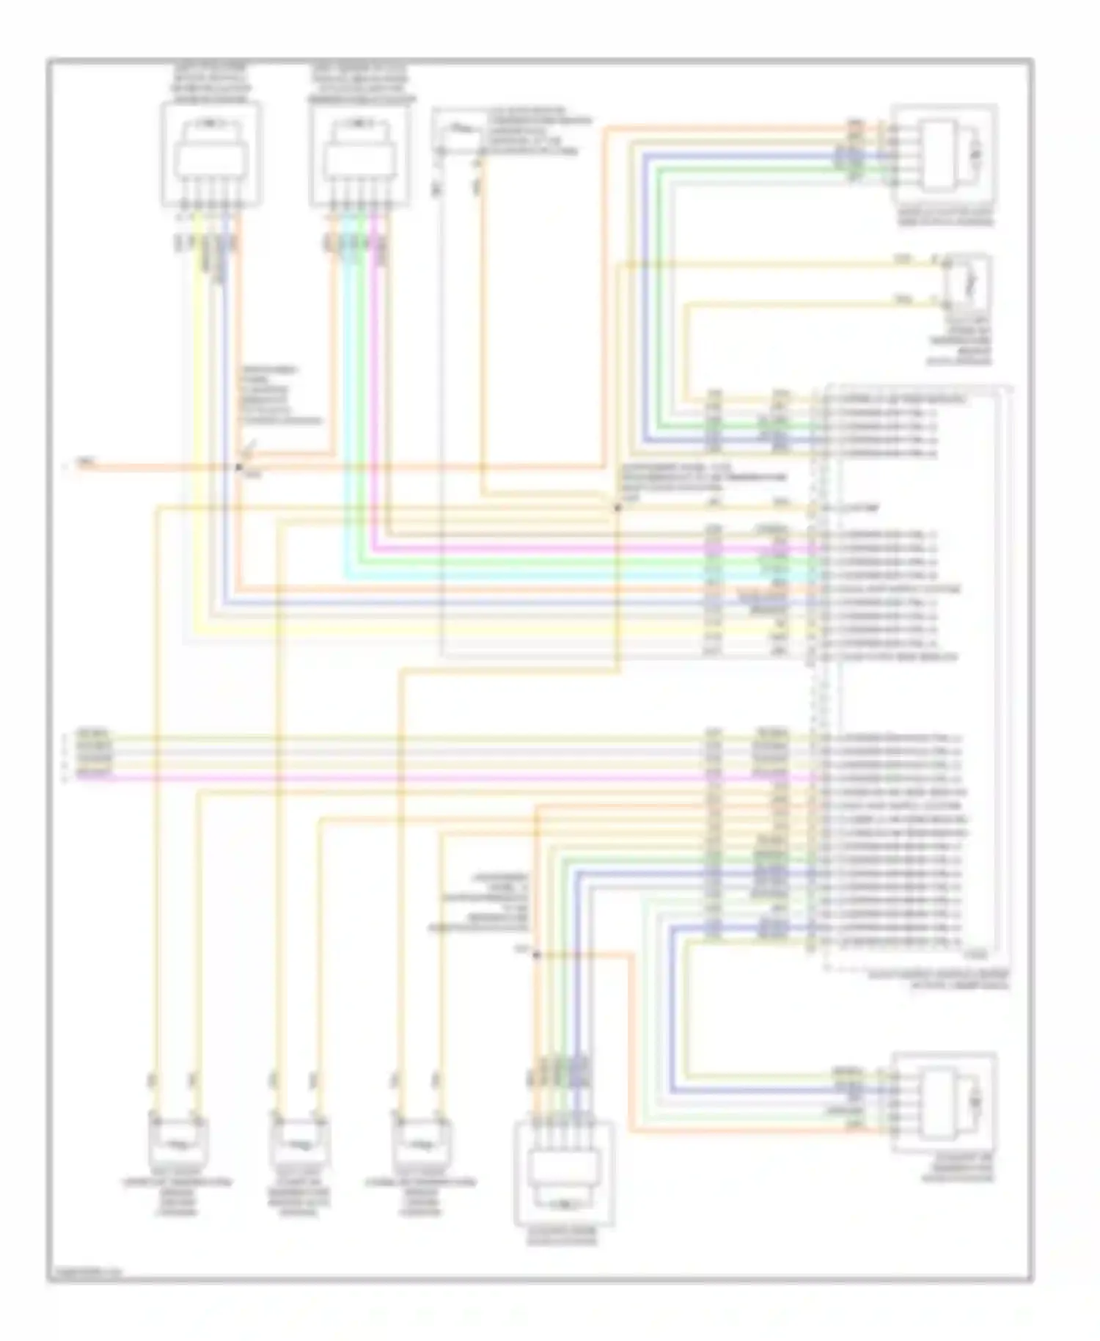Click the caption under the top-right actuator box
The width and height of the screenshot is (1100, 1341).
946,217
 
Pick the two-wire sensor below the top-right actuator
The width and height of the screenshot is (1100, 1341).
968,282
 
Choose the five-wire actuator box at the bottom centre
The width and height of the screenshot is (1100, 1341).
564,1172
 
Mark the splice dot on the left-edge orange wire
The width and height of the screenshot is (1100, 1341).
239,467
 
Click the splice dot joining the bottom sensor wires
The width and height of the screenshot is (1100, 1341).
617,507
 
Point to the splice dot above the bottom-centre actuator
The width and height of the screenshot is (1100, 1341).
537,954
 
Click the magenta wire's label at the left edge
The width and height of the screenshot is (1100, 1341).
94,775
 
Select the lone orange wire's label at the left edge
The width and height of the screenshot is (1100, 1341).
86,463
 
